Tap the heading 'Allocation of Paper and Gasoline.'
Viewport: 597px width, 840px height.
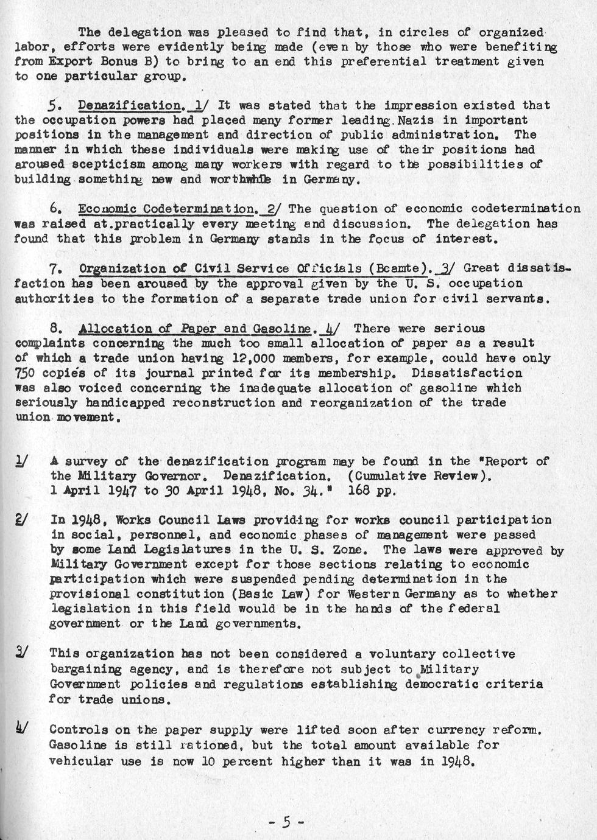(198, 329)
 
